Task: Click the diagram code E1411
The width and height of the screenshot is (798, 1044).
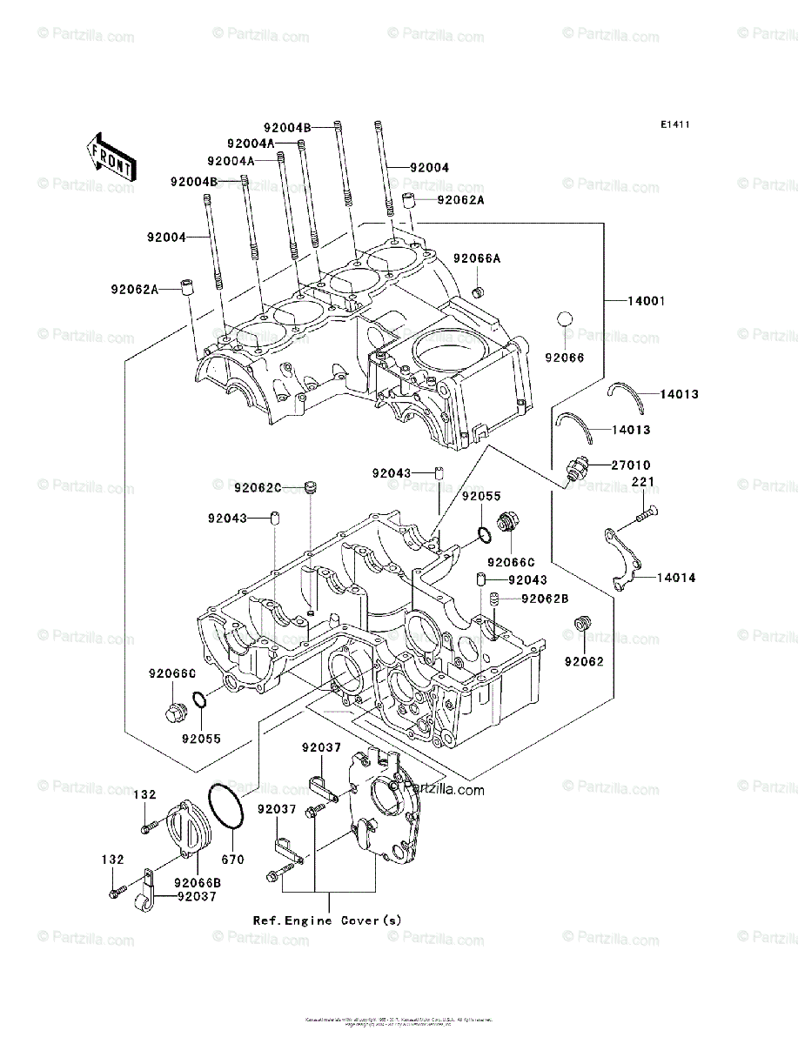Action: [x=674, y=125]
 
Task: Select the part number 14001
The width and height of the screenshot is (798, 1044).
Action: [x=647, y=301]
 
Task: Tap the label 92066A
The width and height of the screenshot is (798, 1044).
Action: [x=477, y=258]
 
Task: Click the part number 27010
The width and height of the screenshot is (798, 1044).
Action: [x=630, y=465]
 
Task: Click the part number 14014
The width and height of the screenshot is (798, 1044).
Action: [x=676, y=577]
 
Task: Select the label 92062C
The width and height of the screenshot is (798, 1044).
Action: [x=258, y=487]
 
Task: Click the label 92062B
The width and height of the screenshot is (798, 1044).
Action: [x=545, y=599]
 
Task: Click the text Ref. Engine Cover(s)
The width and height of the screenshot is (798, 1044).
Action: [x=327, y=920]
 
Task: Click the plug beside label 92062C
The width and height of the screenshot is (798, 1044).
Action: [x=311, y=487]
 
